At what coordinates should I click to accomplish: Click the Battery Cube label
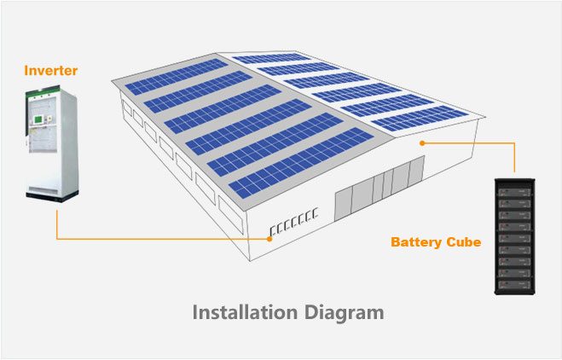pyautogui.click(x=436, y=242)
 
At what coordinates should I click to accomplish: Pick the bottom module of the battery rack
pyautogui.click(x=516, y=282)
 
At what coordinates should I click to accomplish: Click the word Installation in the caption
pyautogui.click(x=246, y=312)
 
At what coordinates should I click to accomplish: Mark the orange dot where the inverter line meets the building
pyautogui.click(x=270, y=239)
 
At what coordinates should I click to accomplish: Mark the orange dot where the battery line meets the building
pyautogui.click(x=421, y=143)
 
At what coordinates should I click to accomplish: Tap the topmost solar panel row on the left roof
pyautogui.click(x=175, y=78)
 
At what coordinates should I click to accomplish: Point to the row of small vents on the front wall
pyautogui.click(x=292, y=220)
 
